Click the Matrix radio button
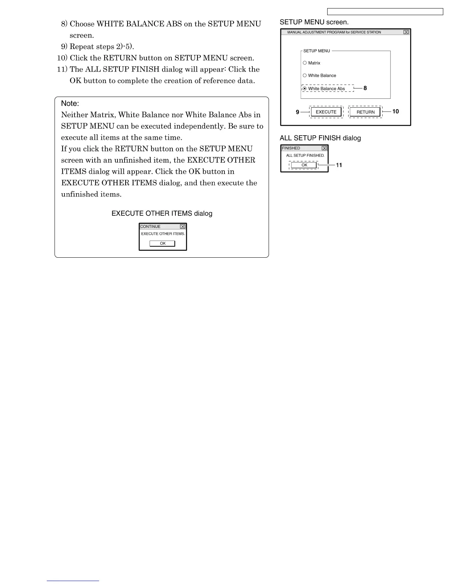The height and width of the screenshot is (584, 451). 305,63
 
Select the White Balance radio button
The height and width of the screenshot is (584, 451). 305,76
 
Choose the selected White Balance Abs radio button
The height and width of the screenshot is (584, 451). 305,88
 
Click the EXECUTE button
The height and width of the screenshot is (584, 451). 326,112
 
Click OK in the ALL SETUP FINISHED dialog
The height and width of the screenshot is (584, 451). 304,165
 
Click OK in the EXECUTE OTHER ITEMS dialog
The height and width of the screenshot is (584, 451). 162,243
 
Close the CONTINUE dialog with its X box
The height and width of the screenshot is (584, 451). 182,226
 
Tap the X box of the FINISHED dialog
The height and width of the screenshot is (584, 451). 324,148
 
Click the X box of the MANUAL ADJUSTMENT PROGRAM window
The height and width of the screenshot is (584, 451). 406,32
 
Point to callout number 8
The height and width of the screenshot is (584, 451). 365,88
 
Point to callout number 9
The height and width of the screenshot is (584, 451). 297,112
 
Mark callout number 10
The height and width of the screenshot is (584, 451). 395,111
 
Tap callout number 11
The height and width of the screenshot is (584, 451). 339,165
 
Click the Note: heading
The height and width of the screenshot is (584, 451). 70,104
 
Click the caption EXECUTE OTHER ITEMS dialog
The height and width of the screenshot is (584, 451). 162,213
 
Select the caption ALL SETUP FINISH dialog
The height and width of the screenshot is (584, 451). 320,138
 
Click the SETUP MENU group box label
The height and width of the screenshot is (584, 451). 317,51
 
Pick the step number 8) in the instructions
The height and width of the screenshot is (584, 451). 64,24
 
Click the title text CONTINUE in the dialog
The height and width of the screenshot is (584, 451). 150,226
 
